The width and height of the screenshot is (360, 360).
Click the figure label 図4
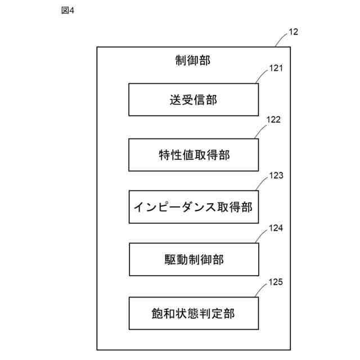pos(67,11)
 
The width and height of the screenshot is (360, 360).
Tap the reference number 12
pos(293,31)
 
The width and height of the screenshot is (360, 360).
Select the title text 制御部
pos(193,60)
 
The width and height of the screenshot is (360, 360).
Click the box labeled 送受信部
pos(193,100)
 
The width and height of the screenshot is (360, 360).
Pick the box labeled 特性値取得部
pos(193,155)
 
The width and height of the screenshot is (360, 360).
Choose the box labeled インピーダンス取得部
pos(193,207)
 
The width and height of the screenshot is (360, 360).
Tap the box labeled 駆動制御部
pos(193,259)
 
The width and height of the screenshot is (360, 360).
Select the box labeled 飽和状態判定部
pos(193,313)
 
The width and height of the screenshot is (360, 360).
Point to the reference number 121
pos(276,69)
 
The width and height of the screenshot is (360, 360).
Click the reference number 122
pos(273,120)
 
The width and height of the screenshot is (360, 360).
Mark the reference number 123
pos(276,175)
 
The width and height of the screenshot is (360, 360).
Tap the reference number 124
pos(276,228)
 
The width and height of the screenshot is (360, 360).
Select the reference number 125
pos(276,282)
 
